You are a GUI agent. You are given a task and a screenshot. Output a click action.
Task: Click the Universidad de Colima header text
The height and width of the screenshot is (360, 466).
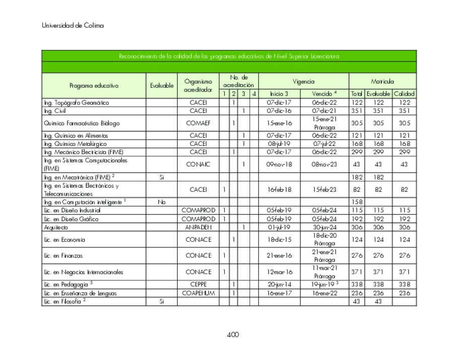click(73, 26)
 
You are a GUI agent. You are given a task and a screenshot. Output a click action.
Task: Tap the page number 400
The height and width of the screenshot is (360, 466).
click(232, 335)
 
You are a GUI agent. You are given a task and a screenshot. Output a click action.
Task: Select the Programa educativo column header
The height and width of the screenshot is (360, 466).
click(94, 86)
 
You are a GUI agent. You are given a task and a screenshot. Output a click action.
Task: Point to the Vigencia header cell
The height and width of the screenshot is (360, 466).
click(303, 81)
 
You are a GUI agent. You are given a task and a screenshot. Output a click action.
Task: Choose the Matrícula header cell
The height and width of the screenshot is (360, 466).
click(382, 81)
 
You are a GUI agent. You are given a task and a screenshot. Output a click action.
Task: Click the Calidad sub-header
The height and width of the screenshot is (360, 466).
click(404, 94)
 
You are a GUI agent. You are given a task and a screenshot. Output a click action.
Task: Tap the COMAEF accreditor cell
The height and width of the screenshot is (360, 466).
click(198, 123)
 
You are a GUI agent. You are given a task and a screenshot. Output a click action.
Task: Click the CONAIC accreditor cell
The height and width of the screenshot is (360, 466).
click(198, 164)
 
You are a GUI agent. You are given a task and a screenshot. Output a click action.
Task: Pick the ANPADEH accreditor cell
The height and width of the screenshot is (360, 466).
click(198, 228)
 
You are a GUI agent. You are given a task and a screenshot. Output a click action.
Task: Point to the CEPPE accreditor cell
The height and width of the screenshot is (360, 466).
click(198, 284)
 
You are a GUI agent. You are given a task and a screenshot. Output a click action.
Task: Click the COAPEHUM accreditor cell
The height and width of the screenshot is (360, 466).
click(198, 293)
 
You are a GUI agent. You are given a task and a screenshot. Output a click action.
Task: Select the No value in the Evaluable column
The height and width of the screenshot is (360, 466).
click(161, 202)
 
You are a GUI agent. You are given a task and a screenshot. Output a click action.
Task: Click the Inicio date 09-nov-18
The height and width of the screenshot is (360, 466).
click(279, 164)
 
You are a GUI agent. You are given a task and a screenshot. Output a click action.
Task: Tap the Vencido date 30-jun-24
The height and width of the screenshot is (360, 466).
click(324, 228)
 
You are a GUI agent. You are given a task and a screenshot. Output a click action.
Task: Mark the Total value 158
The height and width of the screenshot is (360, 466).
click(357, 202)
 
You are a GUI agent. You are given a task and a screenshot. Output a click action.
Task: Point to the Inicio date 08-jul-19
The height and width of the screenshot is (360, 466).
click(279, 143)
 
